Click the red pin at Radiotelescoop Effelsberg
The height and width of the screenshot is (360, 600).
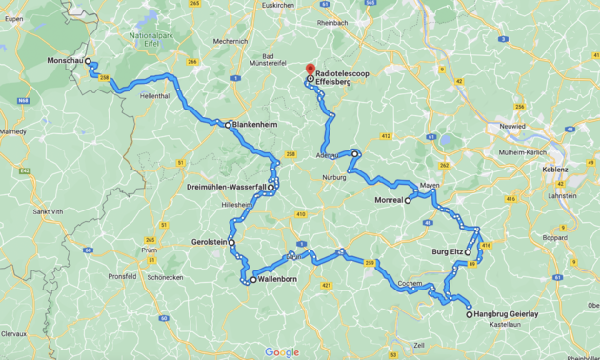click(x=309, y=70)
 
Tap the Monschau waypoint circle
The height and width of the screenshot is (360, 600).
click(x=88, y=61)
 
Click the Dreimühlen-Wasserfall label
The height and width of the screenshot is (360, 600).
click(x=226, y=187)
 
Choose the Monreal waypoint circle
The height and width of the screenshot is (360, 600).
click(x=408, y=200)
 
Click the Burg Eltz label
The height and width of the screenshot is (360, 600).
click(x=446, y=251)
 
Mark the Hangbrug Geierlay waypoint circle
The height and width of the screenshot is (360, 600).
click(x=469, y=314)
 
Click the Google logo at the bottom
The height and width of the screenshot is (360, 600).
click(x=282, y=351)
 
